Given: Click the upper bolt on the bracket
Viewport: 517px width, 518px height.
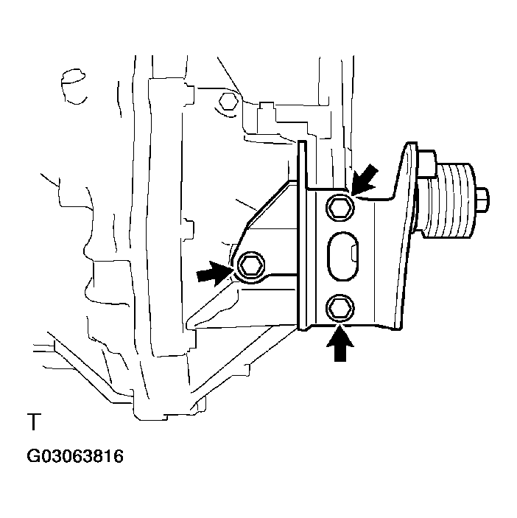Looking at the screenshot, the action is [340, 208].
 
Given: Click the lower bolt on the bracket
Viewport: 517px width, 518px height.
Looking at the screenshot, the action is [340, 308].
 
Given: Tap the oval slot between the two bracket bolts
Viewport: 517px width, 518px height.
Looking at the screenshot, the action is [342, 256].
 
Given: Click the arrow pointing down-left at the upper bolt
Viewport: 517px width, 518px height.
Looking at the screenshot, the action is [365, 180].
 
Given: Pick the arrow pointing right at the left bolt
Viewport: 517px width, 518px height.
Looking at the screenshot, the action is [214, 274].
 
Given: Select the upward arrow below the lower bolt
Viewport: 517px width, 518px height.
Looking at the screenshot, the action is [340, 343].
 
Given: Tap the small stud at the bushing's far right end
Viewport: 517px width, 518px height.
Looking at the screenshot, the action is [482, 199].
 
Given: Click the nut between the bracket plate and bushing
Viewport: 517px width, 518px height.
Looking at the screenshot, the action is [426, 164].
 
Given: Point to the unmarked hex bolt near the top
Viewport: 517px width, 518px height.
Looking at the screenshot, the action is [228, 102].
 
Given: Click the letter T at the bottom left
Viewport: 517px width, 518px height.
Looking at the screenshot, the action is [34, 422].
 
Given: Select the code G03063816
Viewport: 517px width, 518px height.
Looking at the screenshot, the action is [75, 456].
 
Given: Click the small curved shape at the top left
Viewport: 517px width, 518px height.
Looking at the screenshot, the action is [74, 86].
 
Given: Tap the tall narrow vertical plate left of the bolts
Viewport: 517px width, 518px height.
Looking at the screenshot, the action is [303, 235].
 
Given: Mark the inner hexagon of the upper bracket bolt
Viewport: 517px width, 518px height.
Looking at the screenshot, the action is [340, 208].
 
